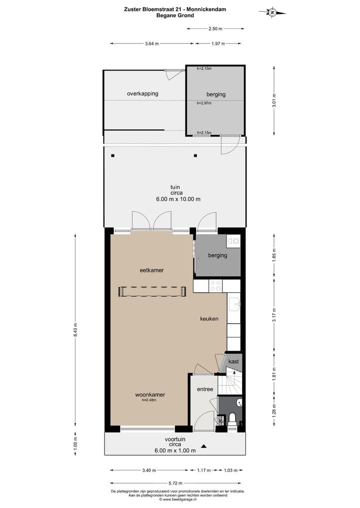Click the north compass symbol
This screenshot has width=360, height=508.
tap(273, 12)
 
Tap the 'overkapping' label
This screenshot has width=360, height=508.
tap(142, 93)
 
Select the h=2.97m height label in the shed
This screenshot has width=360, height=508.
tap(204, 104)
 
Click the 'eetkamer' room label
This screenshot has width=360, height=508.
tap(151, 270)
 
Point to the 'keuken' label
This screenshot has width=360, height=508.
tap(209, 319)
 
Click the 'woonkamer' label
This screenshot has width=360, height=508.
tap(150, 395)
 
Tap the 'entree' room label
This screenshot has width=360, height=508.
tap(205, 389)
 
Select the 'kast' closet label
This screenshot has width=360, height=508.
tap(233, 361)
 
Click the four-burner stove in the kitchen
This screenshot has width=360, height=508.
tap(215, 286)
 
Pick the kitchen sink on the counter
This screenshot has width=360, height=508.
tap(234, 303)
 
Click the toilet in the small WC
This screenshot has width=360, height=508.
tap(232, 418)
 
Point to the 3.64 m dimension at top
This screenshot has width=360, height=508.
tap(151, 44)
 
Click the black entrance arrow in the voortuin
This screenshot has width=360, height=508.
tap(203, 446)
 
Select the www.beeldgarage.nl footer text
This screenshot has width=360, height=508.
tap(179, 499)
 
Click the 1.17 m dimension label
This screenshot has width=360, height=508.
tap(204, 471)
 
